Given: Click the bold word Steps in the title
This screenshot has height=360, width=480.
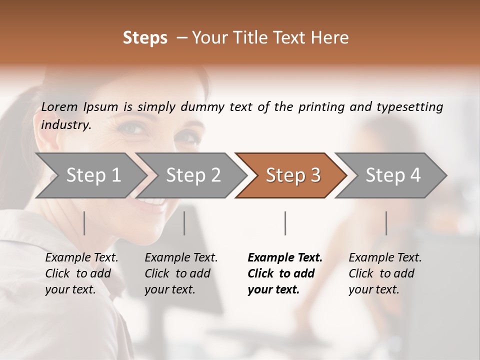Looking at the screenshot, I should [145, 38].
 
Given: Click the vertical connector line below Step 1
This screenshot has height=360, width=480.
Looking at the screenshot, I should [84, 223].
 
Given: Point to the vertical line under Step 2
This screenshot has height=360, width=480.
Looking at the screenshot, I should [184, 223].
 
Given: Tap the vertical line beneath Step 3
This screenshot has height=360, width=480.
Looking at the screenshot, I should [285, 223].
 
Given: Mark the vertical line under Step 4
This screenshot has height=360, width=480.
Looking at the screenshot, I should [386, 223].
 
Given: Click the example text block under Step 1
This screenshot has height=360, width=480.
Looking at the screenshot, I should [81, 273].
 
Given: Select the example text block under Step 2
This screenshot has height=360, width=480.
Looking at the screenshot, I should [181, 273].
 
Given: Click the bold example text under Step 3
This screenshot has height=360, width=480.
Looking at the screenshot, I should [284, 273].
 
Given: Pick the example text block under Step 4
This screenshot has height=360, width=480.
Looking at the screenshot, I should [385, 273].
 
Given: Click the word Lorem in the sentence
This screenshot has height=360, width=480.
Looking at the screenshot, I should [59, 106].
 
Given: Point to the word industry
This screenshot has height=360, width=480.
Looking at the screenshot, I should [66, 125].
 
